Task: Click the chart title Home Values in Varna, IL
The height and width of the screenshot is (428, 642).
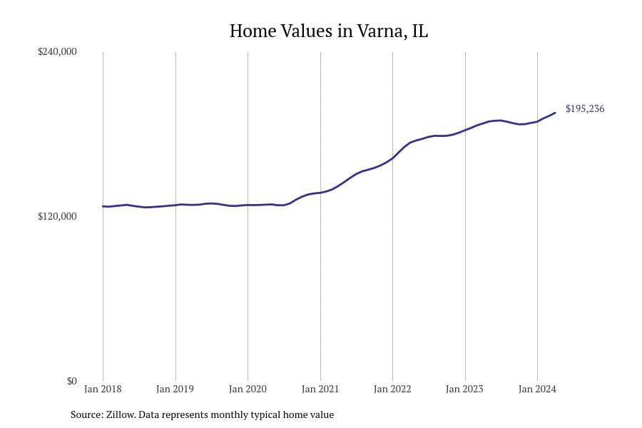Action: pos(329,31)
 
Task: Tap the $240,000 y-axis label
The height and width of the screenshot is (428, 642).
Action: pos(57,51)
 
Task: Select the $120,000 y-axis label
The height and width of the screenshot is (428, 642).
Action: pos(57,216)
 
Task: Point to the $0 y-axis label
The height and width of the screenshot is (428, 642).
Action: pos(71,381)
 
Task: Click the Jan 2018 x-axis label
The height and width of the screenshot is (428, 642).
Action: pos(103,389)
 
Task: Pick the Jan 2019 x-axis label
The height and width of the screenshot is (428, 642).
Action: pos(175,389)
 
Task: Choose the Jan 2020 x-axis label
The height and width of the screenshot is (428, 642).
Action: pos(248,389)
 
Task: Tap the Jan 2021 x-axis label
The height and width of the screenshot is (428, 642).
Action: pos(320,389)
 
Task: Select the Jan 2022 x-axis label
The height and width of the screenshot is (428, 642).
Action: pos(392,389)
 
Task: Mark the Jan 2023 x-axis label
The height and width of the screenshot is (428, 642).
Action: pos(465,389)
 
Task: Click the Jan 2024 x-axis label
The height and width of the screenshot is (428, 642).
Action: pos(537,389)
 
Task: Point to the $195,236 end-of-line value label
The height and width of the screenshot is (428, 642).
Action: pos(585,109)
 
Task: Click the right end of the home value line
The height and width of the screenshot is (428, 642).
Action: pos(555,113)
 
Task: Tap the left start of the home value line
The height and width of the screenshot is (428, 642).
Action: pos(103,206)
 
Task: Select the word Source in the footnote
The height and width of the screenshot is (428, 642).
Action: pos(86,414)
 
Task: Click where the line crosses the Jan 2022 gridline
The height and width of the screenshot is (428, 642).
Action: pos(392,158)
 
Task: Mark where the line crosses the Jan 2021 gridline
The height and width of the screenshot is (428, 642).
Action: pos(320,193)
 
